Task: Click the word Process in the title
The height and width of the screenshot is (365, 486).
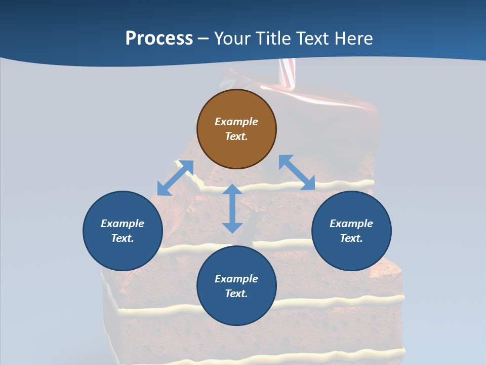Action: coord(159,39)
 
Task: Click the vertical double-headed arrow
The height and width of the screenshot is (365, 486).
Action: coord(232,208)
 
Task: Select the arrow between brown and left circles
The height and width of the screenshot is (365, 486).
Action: coord(175,178)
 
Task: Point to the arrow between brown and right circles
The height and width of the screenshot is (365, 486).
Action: coord(297,172)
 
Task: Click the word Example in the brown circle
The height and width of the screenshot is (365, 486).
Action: coord(236,122)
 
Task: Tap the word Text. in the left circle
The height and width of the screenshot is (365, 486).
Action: coord(123,238)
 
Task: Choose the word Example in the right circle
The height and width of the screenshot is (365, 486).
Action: coord(351,224)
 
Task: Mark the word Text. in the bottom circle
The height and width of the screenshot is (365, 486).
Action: coord(236,294)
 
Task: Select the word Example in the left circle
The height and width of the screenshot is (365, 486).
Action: coord(123,224)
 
